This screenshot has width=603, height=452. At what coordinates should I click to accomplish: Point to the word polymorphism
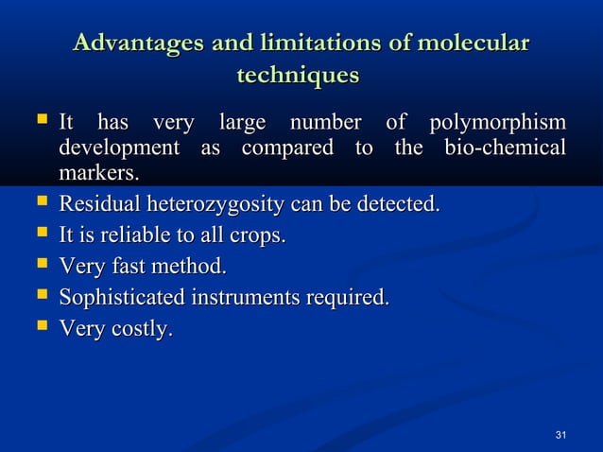pos(498,124)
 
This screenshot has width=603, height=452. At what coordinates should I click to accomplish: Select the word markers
pos(98,174)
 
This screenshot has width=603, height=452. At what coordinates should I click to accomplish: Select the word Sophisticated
pos(122,298)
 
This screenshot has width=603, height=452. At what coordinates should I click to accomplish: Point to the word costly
pos(141,329)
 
